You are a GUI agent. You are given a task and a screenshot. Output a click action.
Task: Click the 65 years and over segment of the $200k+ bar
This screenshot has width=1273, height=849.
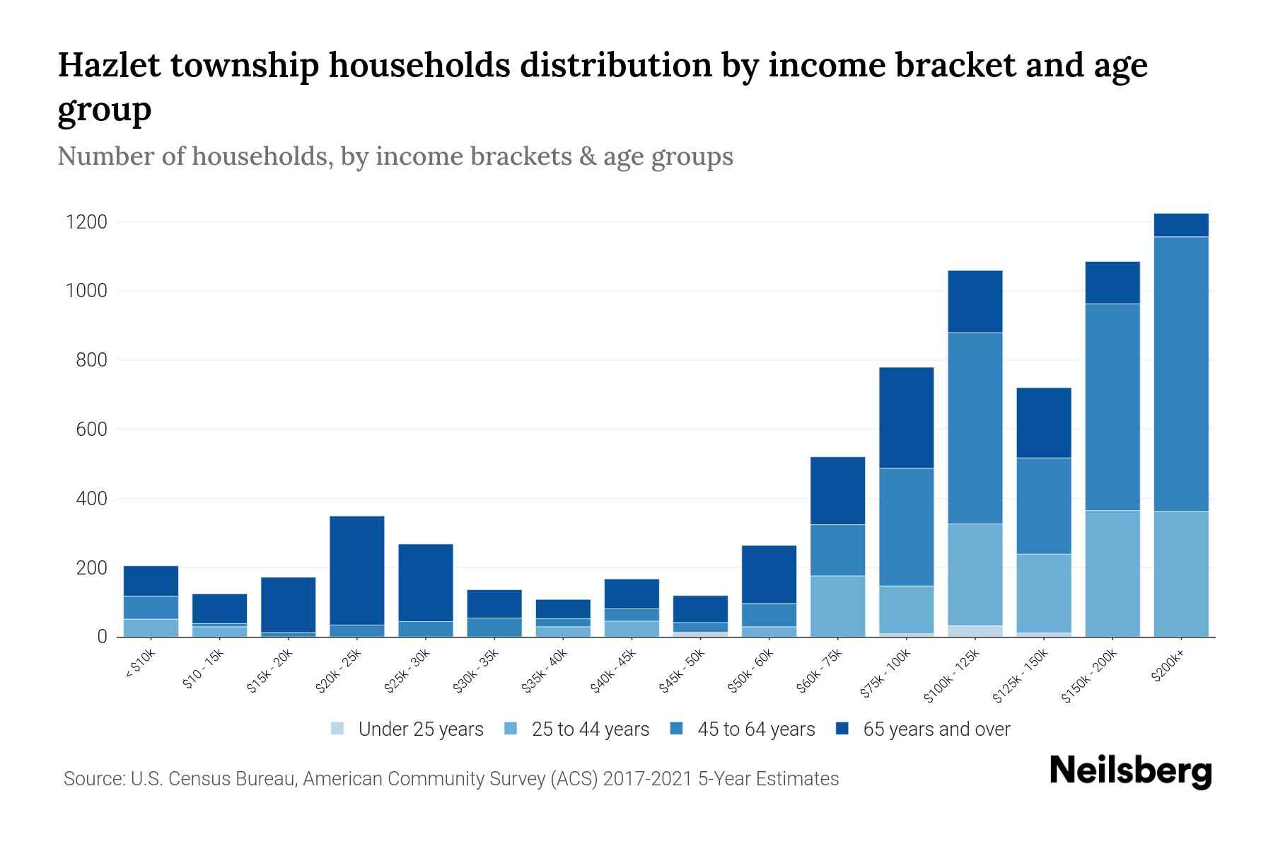[x=1181, y=225]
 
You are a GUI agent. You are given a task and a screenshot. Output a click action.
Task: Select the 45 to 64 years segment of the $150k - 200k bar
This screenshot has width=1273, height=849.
[x=1112, y=407]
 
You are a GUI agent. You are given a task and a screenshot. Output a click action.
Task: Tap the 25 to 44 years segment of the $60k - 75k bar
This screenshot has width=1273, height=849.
[x=837, y=606]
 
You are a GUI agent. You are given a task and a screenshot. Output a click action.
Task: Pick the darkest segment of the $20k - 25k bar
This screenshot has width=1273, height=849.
[x=357, y=570]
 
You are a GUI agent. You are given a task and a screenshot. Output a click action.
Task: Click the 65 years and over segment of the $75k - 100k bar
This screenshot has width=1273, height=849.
[x=906, y=417]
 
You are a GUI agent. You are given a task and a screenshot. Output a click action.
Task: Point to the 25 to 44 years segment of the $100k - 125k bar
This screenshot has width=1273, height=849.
[x=975, y=574]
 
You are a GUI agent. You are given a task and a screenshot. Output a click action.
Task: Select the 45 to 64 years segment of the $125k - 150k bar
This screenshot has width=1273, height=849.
[x=1044, y=506]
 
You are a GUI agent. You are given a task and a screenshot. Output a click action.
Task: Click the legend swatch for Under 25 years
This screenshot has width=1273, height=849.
[x=338, y=729]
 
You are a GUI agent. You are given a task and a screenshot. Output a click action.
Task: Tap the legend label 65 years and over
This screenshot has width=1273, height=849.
[x=936, y=729]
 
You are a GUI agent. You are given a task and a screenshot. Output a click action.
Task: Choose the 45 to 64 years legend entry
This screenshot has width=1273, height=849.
[x=756, y=729]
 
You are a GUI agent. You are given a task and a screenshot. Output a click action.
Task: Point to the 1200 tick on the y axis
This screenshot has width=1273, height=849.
[x=86, y=222]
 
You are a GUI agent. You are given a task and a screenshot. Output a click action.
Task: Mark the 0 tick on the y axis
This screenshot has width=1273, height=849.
[x=103, y=637]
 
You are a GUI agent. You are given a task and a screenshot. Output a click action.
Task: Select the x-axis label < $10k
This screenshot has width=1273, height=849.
[x=141, y=664]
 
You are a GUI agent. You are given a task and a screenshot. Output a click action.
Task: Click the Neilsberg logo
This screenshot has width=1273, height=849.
[x=1130, y=771]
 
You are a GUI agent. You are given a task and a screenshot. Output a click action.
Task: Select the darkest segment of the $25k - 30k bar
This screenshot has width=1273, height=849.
[x=426, y=582]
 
